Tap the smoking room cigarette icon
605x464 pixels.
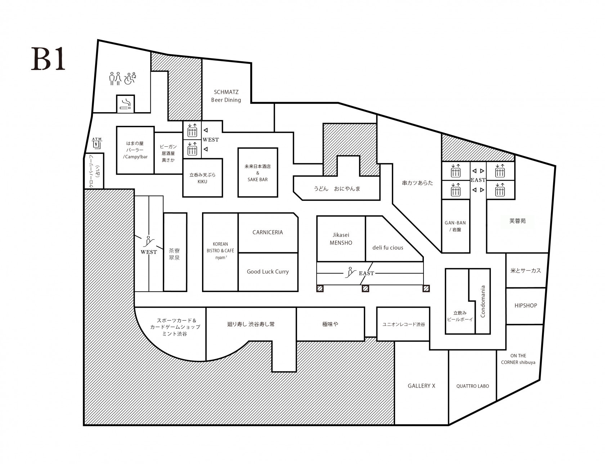(125, 104)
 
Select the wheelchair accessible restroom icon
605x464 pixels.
(130, 78)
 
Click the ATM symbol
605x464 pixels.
(97, 143)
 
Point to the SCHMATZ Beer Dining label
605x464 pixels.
(226, 96)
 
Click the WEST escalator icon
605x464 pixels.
(148, 240)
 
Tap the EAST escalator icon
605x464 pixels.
(349, 272)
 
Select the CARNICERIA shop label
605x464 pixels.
(268, 233)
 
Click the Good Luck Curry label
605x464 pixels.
(268, 272)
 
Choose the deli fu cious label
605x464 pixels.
(387, 248)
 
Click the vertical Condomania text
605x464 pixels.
(483, 301)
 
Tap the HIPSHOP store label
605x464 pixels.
(525, 306)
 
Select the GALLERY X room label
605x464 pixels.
(421, 386)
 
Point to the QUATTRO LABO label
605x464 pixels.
(472, 386)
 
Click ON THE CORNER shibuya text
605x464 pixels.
(518, 359)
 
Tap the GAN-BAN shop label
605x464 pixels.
(456, 226)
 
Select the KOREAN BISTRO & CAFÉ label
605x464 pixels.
(220, 251)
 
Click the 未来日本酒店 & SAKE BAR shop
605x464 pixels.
(257, 173)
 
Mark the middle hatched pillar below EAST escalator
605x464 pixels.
(366, 288)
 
